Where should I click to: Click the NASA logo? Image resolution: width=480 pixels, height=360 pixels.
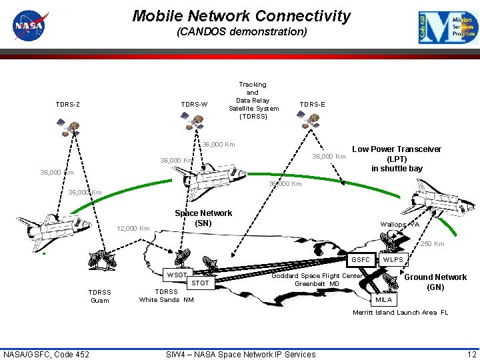[x=28, y=27]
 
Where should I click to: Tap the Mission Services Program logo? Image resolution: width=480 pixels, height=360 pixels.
[x=448, y=27]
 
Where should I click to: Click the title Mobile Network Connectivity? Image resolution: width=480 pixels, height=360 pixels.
[x=241, y=16]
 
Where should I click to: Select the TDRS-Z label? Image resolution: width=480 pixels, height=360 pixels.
[x=68, y=104]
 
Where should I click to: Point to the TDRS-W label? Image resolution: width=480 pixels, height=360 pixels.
[x=195, y=104]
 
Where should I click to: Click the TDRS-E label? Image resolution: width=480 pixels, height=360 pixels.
[x=312, y=104]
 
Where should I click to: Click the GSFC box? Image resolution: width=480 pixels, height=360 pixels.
[x=361, y=260]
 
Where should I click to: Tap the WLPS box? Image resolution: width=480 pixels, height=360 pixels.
[x=393, y=260]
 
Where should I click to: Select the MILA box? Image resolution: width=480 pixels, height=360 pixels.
[x=383, y=300]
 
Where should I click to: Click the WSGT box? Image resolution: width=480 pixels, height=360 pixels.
[x=177, y=275]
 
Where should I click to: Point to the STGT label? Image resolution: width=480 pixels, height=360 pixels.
[x=200, y=283]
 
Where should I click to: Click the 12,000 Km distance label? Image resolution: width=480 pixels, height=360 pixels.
[x=133, y=229]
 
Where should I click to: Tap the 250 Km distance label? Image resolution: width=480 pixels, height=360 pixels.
[x=432, y=244]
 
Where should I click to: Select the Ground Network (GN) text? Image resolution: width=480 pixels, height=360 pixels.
[x=435, y=282]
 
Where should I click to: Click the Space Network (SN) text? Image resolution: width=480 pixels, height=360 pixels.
[x=203, y=218]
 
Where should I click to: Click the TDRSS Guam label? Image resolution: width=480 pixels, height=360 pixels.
[x=100, y=296]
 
